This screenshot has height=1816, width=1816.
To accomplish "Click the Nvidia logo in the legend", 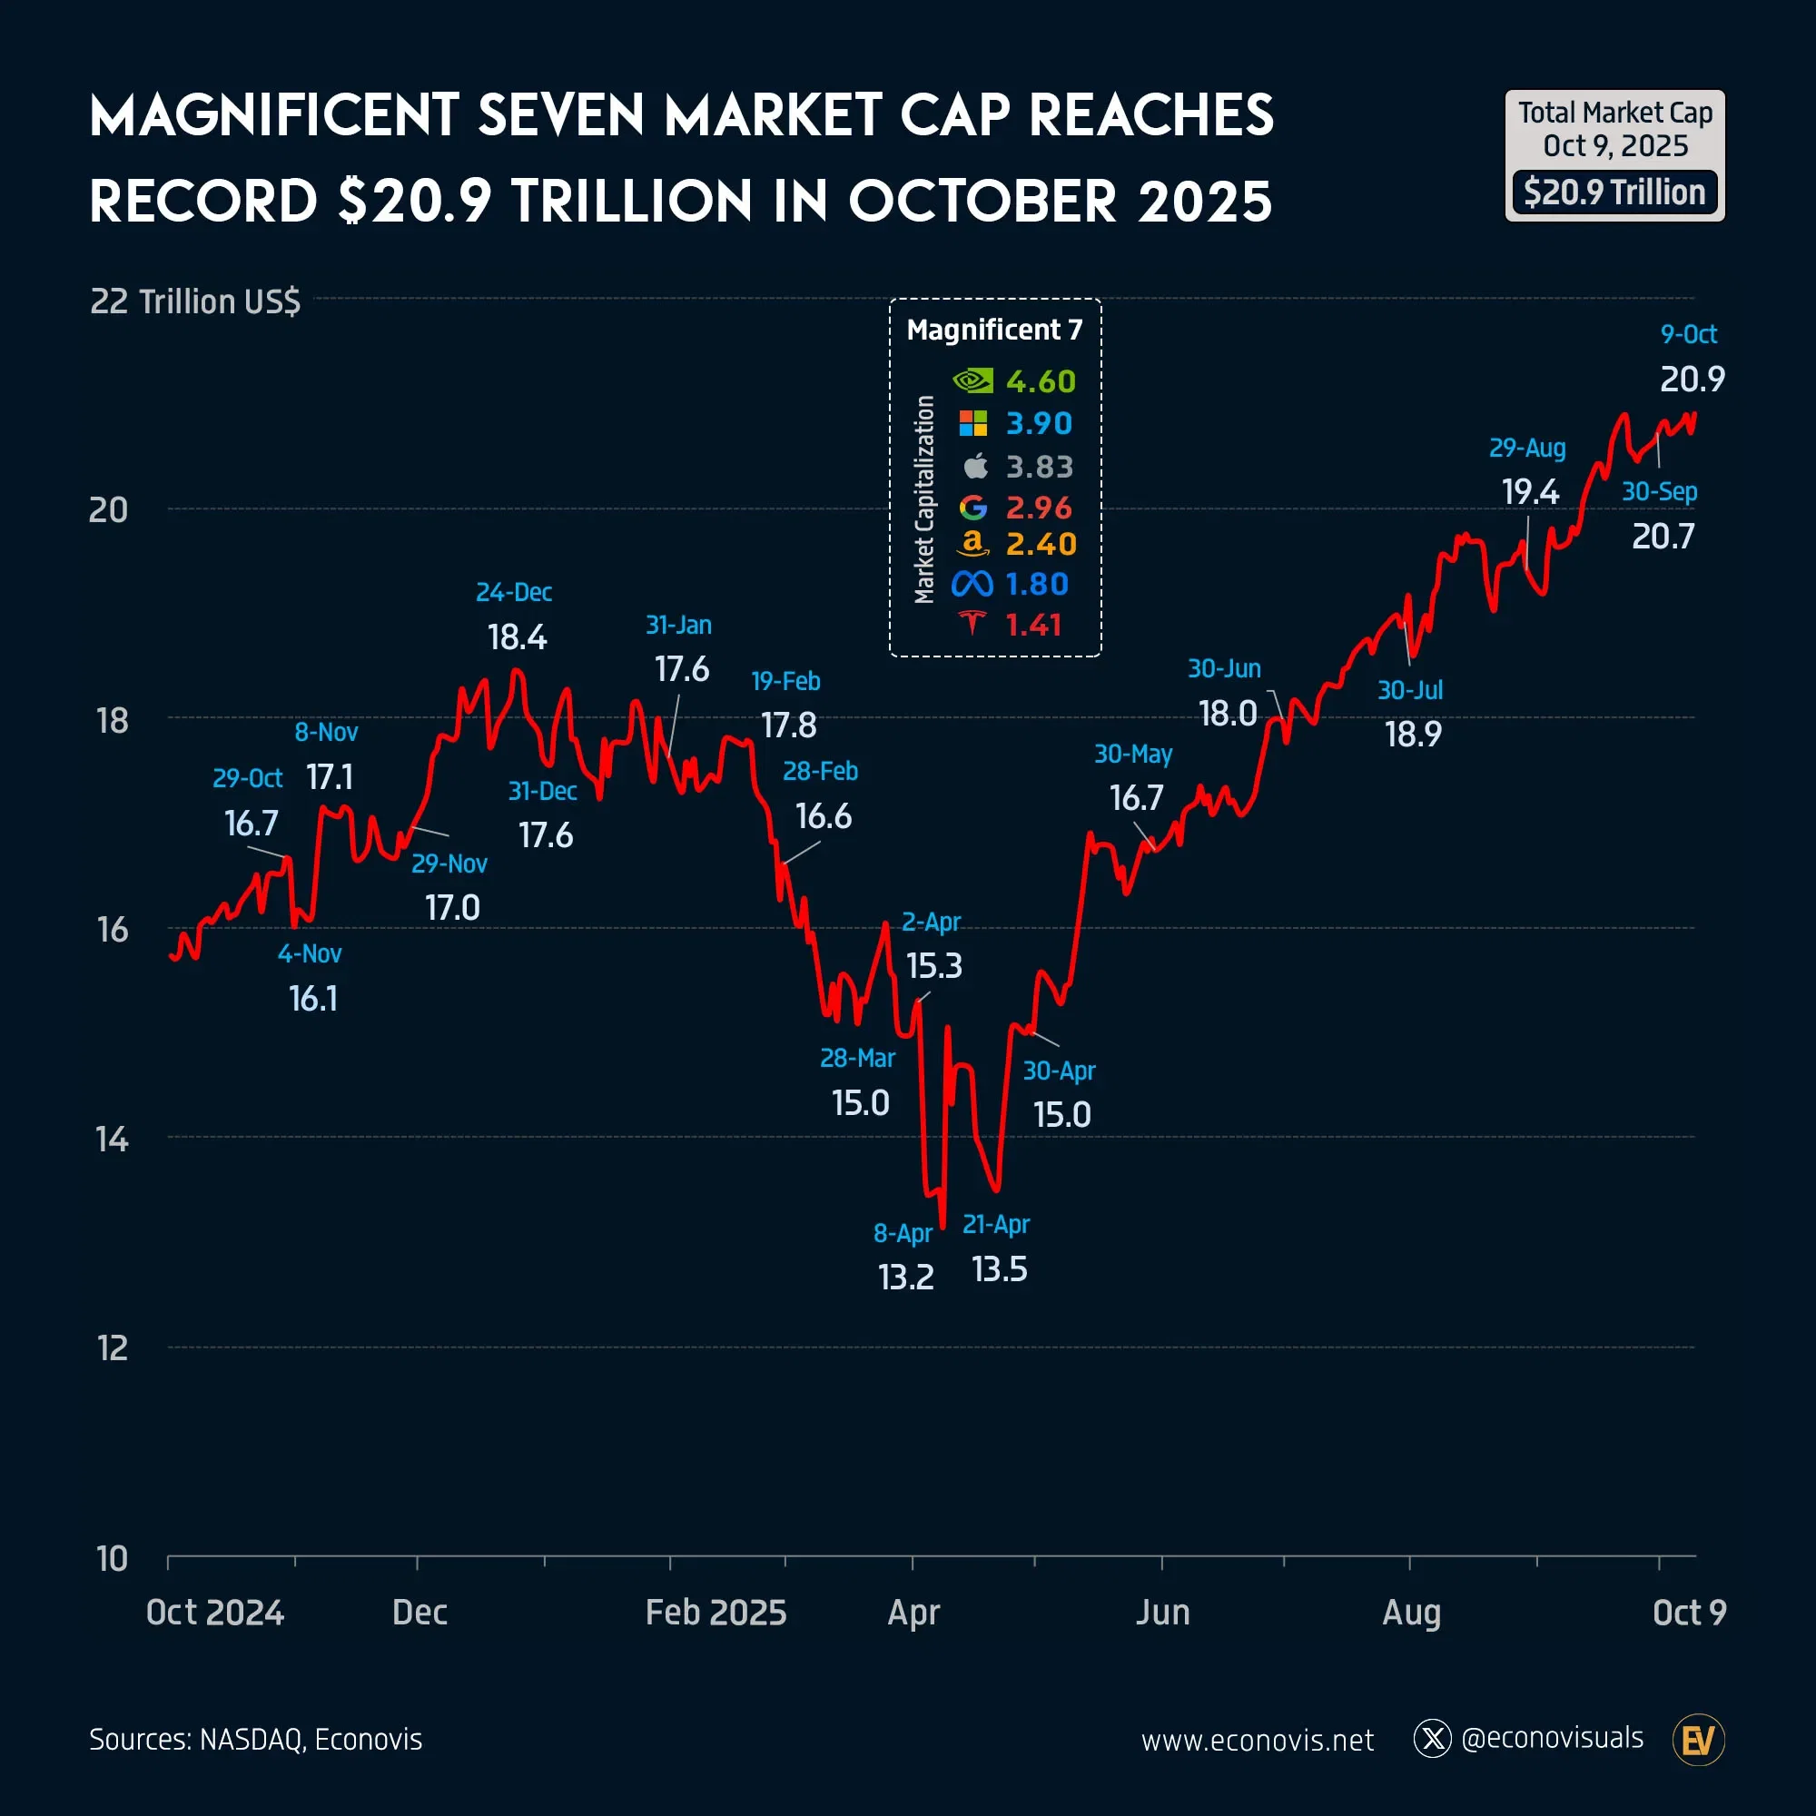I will coord(972,380).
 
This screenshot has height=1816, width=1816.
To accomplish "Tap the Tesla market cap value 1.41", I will coord(1033,625).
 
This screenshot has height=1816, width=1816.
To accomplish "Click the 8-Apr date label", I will coord(903,1232).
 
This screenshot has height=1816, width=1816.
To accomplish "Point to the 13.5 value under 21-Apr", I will coord(999,1270).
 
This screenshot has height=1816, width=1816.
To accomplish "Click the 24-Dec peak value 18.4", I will coord(517,637).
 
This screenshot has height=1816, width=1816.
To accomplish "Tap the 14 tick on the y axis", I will coord(112,1140).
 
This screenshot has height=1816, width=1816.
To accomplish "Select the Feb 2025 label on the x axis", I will coord(716,1612).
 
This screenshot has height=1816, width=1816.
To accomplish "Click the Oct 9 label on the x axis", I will coord(1689,1612).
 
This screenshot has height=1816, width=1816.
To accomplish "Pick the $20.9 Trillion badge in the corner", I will coord(1614,192).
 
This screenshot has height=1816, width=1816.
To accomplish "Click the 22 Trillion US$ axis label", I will coord(194,301).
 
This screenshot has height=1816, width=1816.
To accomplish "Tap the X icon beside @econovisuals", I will coord(1433,1739).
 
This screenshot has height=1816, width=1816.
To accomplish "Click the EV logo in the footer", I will coord(1699,1740).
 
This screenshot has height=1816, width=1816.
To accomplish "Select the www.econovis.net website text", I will coord(1257,1740).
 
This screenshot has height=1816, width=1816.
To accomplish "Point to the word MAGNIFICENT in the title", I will coord(273,115).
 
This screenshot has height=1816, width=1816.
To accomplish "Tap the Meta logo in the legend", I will coord(972,585).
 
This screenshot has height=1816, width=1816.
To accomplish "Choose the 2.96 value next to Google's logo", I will coord(1039,508).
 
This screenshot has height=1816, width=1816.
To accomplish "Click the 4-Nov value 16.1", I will coord(313,998).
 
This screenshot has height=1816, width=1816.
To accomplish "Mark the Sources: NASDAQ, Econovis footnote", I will coord(256,1739).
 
